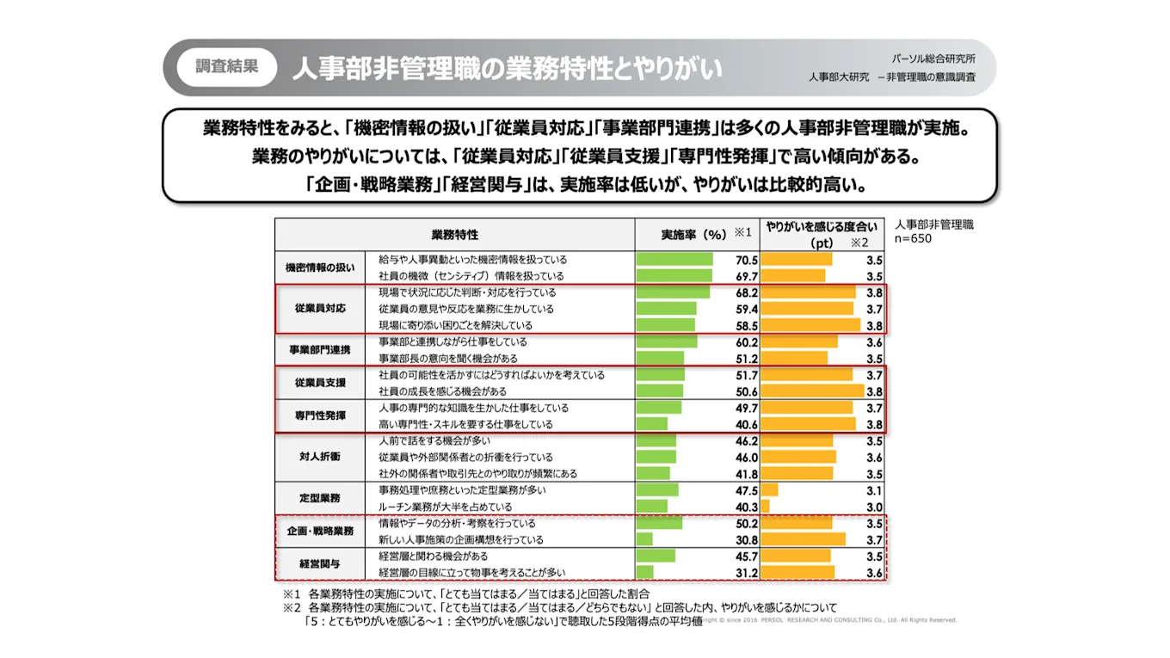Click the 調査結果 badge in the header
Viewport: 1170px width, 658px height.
click(x=226, y=67)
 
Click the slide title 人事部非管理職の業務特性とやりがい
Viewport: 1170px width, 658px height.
click(x=507, y=69)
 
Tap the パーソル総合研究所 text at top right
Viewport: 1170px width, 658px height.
click(x=933, y=59)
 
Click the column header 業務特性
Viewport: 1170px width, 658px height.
click(x=454, y=234)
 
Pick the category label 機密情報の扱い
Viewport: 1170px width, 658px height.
click(x=319, y=268)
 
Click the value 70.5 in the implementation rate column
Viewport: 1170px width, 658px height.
click(x=745, y=260)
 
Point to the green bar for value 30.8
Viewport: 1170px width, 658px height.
click(x=644, y=540)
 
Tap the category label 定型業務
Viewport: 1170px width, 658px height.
click(x=319, y=498)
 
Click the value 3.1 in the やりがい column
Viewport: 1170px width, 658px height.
click(x=874, y=490)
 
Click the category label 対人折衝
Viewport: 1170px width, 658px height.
click(x=319, y=457)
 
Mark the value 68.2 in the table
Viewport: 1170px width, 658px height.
click(x=745, y=292)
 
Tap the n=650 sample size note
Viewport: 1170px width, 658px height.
click(x=914, y=239)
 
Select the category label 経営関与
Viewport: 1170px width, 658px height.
click(x=319, y=564)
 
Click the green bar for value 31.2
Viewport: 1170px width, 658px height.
click(x=644, y=573)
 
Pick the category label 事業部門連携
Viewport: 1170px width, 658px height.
click(x=319, y=349)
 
